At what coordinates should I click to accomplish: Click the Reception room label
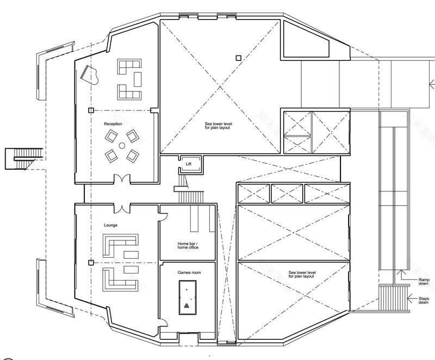pos(113,124)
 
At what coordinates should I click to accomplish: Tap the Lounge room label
pos(110,225)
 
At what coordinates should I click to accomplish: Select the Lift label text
pos(189,163)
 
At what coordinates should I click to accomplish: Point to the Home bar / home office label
pos(188,245)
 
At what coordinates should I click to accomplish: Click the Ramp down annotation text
pos(423,282)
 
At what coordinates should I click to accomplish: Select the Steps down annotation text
pos(423,301)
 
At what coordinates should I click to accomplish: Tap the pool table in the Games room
pos(187,298)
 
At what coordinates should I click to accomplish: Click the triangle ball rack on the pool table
pos(187,305)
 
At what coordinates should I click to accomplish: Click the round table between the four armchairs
pos(122,145)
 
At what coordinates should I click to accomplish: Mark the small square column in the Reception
pos(91,110)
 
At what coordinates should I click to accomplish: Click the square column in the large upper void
pos(238,58)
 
